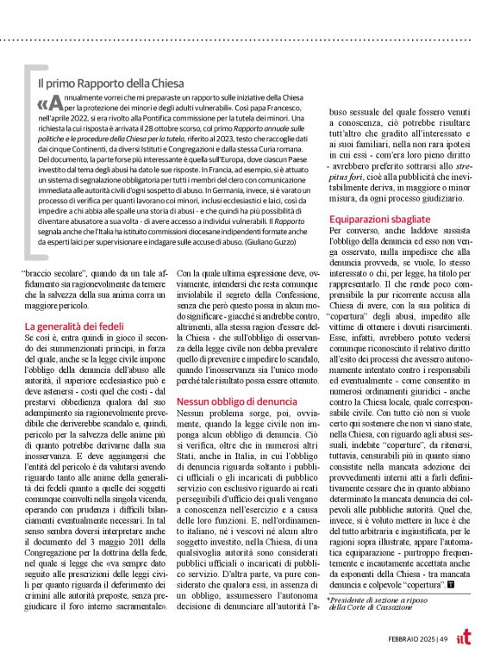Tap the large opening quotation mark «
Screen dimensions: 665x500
pos(43,104)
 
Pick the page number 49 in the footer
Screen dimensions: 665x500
pos(442,638)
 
